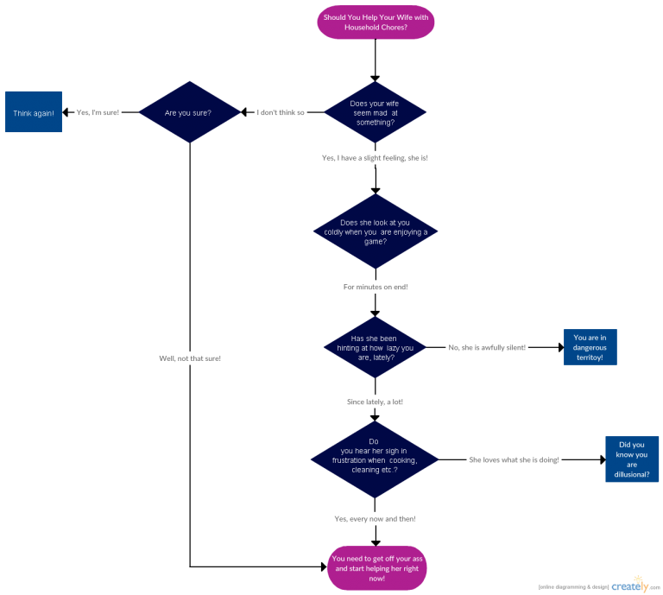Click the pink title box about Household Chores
[376, 22]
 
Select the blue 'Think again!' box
[34, 112]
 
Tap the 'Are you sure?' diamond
[189, 112]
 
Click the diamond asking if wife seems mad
[375, 112]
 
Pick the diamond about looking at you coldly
[375, 231]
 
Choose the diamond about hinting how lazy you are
[375, 347]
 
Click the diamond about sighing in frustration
[375, 459]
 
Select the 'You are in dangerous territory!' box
[590, 347]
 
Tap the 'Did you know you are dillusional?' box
[632, 459]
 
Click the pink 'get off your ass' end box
[376, 567]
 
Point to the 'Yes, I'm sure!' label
[98, 113]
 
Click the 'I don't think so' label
[281, 113]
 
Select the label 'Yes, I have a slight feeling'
[375, 158]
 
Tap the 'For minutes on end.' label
[375, 287]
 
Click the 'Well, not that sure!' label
[190, 358]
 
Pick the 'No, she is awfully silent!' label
[487, 348]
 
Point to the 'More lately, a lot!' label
[375, 402]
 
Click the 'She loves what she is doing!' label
[514, 460]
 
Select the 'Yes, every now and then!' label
[375, 518]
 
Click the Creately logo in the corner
[630, 585]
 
